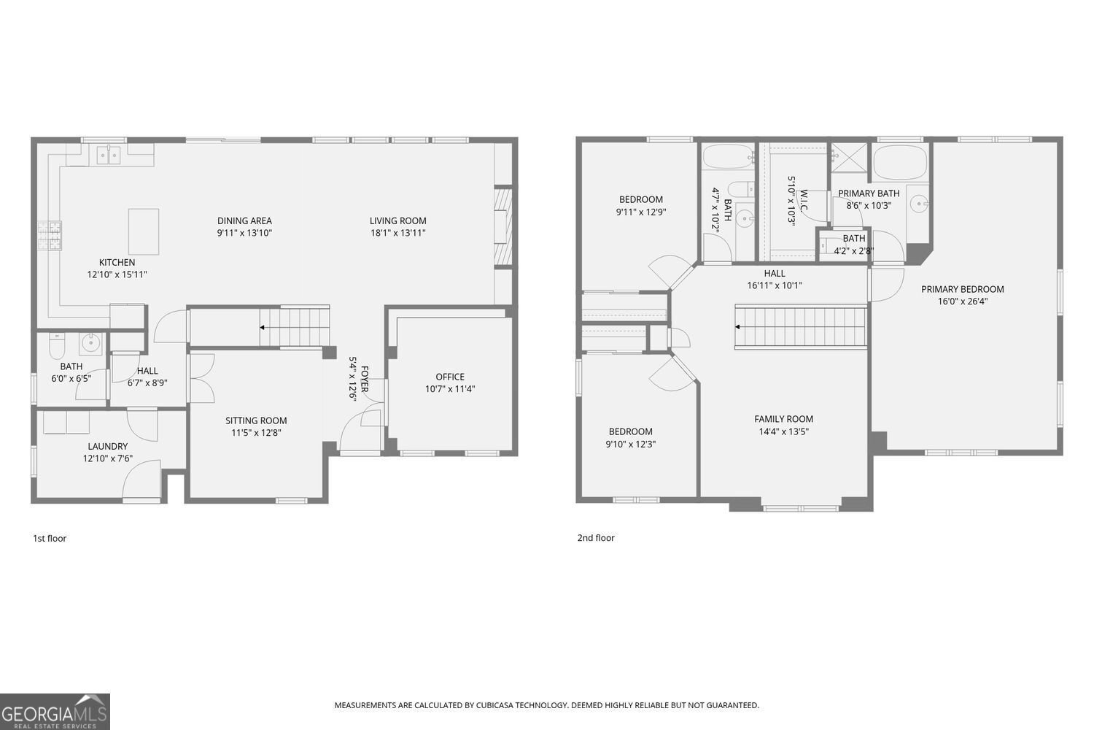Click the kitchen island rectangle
(144, 231)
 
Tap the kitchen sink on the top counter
(109, 155)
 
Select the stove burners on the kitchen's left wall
(50, 235)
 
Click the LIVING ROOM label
(397, 220)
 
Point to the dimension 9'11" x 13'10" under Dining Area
(244, 234)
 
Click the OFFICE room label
(450, 377)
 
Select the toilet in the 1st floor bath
(56, 342)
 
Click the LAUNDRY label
(107, 446)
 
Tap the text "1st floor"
(50, 539)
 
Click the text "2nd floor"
(596, 538)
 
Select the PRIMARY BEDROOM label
(962, 289)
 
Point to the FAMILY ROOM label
(783, 419)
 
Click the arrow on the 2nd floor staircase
(739, 327)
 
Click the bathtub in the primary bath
(900, 163)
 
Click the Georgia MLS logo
(55, 712)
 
